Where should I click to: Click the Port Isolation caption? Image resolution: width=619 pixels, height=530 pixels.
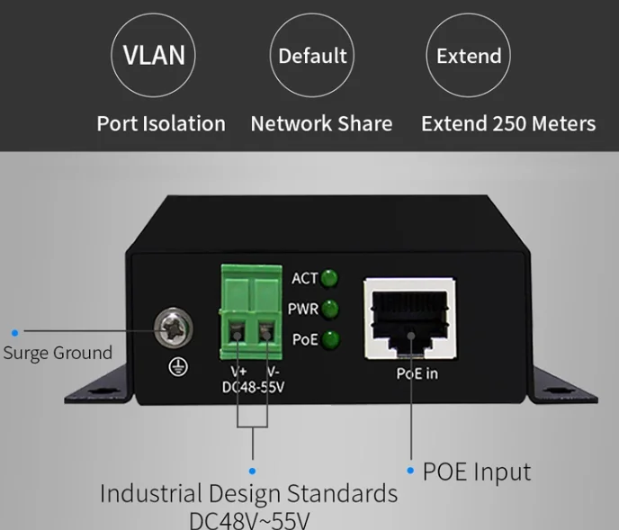click(x=161, y=123)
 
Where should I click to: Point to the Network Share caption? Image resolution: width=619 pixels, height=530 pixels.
click(x=322, y=123)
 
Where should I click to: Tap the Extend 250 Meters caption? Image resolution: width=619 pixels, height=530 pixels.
click(x=508, y=123)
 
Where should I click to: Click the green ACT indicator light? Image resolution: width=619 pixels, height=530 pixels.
click(x=329, y=278)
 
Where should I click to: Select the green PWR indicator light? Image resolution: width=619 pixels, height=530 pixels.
click(x=329, y=309)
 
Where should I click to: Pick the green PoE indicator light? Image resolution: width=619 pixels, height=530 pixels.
click(x=330, y=339)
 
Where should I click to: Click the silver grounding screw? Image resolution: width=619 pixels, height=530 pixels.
click(x=174, y=328)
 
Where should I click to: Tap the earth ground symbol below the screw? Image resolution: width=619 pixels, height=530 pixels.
click(x=178, y=367)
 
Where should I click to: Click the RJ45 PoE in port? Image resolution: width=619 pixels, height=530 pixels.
click(x=409, y=319)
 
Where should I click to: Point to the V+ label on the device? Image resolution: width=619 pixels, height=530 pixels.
click(x=238, y=372)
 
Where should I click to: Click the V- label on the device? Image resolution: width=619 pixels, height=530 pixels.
click(x=274, y=372)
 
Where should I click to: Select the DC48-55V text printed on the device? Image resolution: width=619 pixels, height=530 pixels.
click(x=253, y=388)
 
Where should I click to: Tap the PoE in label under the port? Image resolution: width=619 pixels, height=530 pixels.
click(x=417, y=373)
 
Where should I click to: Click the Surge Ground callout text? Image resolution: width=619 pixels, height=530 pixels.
click(x=58, y=353)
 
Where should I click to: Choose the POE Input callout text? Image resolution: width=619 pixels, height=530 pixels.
click(x=477, y=472)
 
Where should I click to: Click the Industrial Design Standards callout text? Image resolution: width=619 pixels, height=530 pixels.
click(x=248, y=494)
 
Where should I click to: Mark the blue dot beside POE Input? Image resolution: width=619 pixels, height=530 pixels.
click(x=410, y=471)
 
